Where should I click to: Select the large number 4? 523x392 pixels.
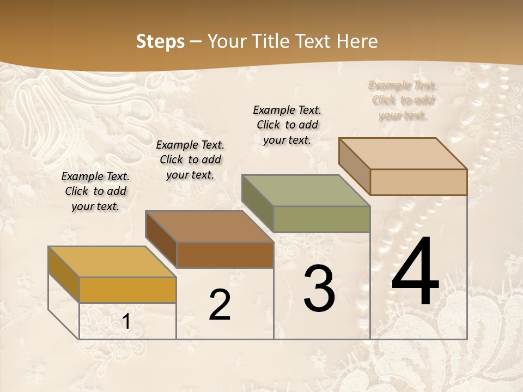click(415, 272)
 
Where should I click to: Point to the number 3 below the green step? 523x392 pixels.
click(319, 289)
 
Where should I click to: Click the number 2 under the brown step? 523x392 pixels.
click(220, 305)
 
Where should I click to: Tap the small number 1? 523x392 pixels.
click(126, 322)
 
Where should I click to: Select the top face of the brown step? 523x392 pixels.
click(209, 226)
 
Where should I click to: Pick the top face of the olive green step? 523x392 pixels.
click(306, 191)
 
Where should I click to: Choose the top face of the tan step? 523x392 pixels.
click(403, 154)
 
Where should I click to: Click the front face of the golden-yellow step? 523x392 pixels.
click(127, 290)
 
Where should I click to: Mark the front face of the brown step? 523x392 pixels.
click(225, 255)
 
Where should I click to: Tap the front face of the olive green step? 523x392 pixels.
click(321, 219)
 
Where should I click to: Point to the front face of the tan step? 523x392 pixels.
click(418, 182)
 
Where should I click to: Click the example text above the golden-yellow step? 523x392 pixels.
click(95, 191)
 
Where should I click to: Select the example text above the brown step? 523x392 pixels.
click(190, 160)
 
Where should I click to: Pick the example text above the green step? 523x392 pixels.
click(287, 125)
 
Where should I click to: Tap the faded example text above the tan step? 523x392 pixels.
click(403, 100)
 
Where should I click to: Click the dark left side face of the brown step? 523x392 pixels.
click(161, 240)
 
